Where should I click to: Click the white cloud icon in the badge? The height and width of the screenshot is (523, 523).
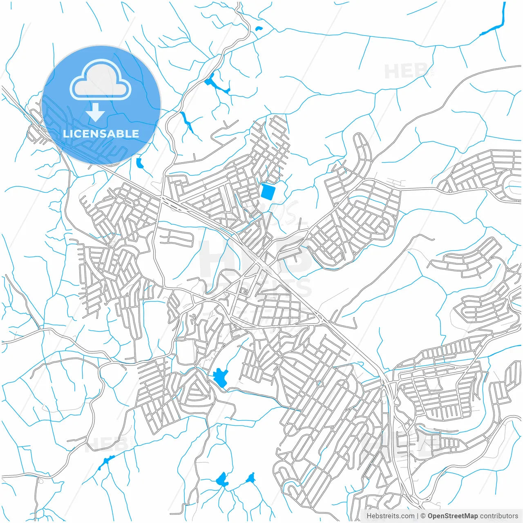tap(101, 80)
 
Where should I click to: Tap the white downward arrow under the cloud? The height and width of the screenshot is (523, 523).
tap(96, 112)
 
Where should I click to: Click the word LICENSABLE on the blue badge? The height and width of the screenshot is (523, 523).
tap(101, 134)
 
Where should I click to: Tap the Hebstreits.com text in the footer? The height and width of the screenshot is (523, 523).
tap(391, 516)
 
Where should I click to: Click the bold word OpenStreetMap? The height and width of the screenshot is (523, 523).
tap(453, 516)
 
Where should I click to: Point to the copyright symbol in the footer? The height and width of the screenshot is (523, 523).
tap(423, 516)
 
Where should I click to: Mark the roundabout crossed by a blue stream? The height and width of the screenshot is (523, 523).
tap(320, 383)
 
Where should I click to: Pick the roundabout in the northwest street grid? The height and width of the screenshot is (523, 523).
tap(135, 202)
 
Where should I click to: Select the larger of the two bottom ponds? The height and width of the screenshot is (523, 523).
tap(222, 480)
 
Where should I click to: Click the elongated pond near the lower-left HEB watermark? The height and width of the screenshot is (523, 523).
tap(105, 462)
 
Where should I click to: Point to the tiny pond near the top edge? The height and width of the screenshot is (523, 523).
tap(258, 29)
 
